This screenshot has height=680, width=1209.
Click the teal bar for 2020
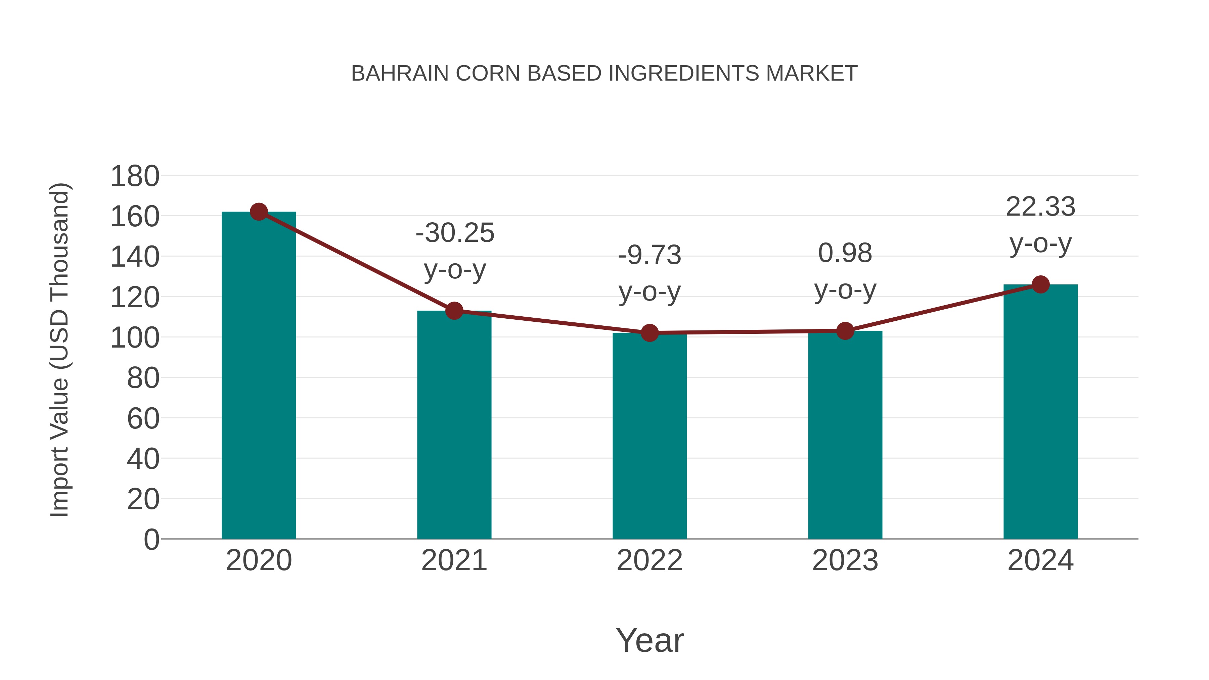[x=259, y=375]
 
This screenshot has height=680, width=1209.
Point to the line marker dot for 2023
[x=845, y=331]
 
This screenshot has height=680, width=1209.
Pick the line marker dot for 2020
[x=259, y=212]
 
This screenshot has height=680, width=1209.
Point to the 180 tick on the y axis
[x=135, y=177]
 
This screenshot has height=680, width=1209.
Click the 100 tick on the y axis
[x=135, y=338]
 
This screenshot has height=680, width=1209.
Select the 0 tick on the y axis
[x=151, y=540]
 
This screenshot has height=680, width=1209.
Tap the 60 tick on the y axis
[x=143, y=419]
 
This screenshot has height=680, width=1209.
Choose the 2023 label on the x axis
[x=845, y=560]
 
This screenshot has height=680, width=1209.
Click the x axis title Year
[x=650, y=640]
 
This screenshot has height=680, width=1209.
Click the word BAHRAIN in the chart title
[x=400, y=74]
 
